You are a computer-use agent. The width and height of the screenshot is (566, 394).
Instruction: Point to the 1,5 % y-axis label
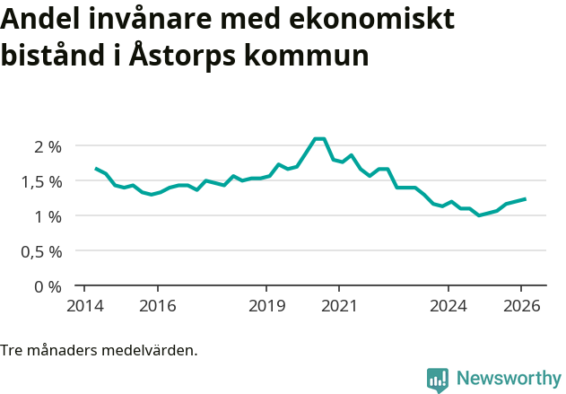[41, 181]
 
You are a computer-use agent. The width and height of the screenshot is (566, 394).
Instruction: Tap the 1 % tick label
[47, 216]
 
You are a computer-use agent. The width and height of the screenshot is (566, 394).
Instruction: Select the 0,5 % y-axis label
[41, 251]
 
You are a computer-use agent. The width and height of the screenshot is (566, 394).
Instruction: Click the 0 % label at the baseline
[47, 286]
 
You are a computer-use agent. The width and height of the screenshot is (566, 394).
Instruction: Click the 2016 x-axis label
[157, 305]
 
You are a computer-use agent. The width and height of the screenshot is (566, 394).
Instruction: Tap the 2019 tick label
[266, 305]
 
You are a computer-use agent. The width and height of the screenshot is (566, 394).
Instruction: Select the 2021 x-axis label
[339, 305]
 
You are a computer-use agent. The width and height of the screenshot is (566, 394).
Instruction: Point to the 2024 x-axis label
[448, 305]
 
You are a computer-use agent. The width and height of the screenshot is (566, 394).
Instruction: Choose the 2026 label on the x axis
[522, 305]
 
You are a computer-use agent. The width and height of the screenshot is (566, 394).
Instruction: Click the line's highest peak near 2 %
[319, 138]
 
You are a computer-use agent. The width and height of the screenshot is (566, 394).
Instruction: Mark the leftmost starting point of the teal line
[96, 168]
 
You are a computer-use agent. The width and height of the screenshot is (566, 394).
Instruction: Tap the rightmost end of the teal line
[525, 199]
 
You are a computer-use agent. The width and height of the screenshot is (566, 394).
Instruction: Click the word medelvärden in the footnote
[152, 350]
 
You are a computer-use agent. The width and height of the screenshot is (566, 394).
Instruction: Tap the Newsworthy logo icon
[438, 380]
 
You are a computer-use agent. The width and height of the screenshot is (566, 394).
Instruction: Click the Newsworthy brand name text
[509, 379]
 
